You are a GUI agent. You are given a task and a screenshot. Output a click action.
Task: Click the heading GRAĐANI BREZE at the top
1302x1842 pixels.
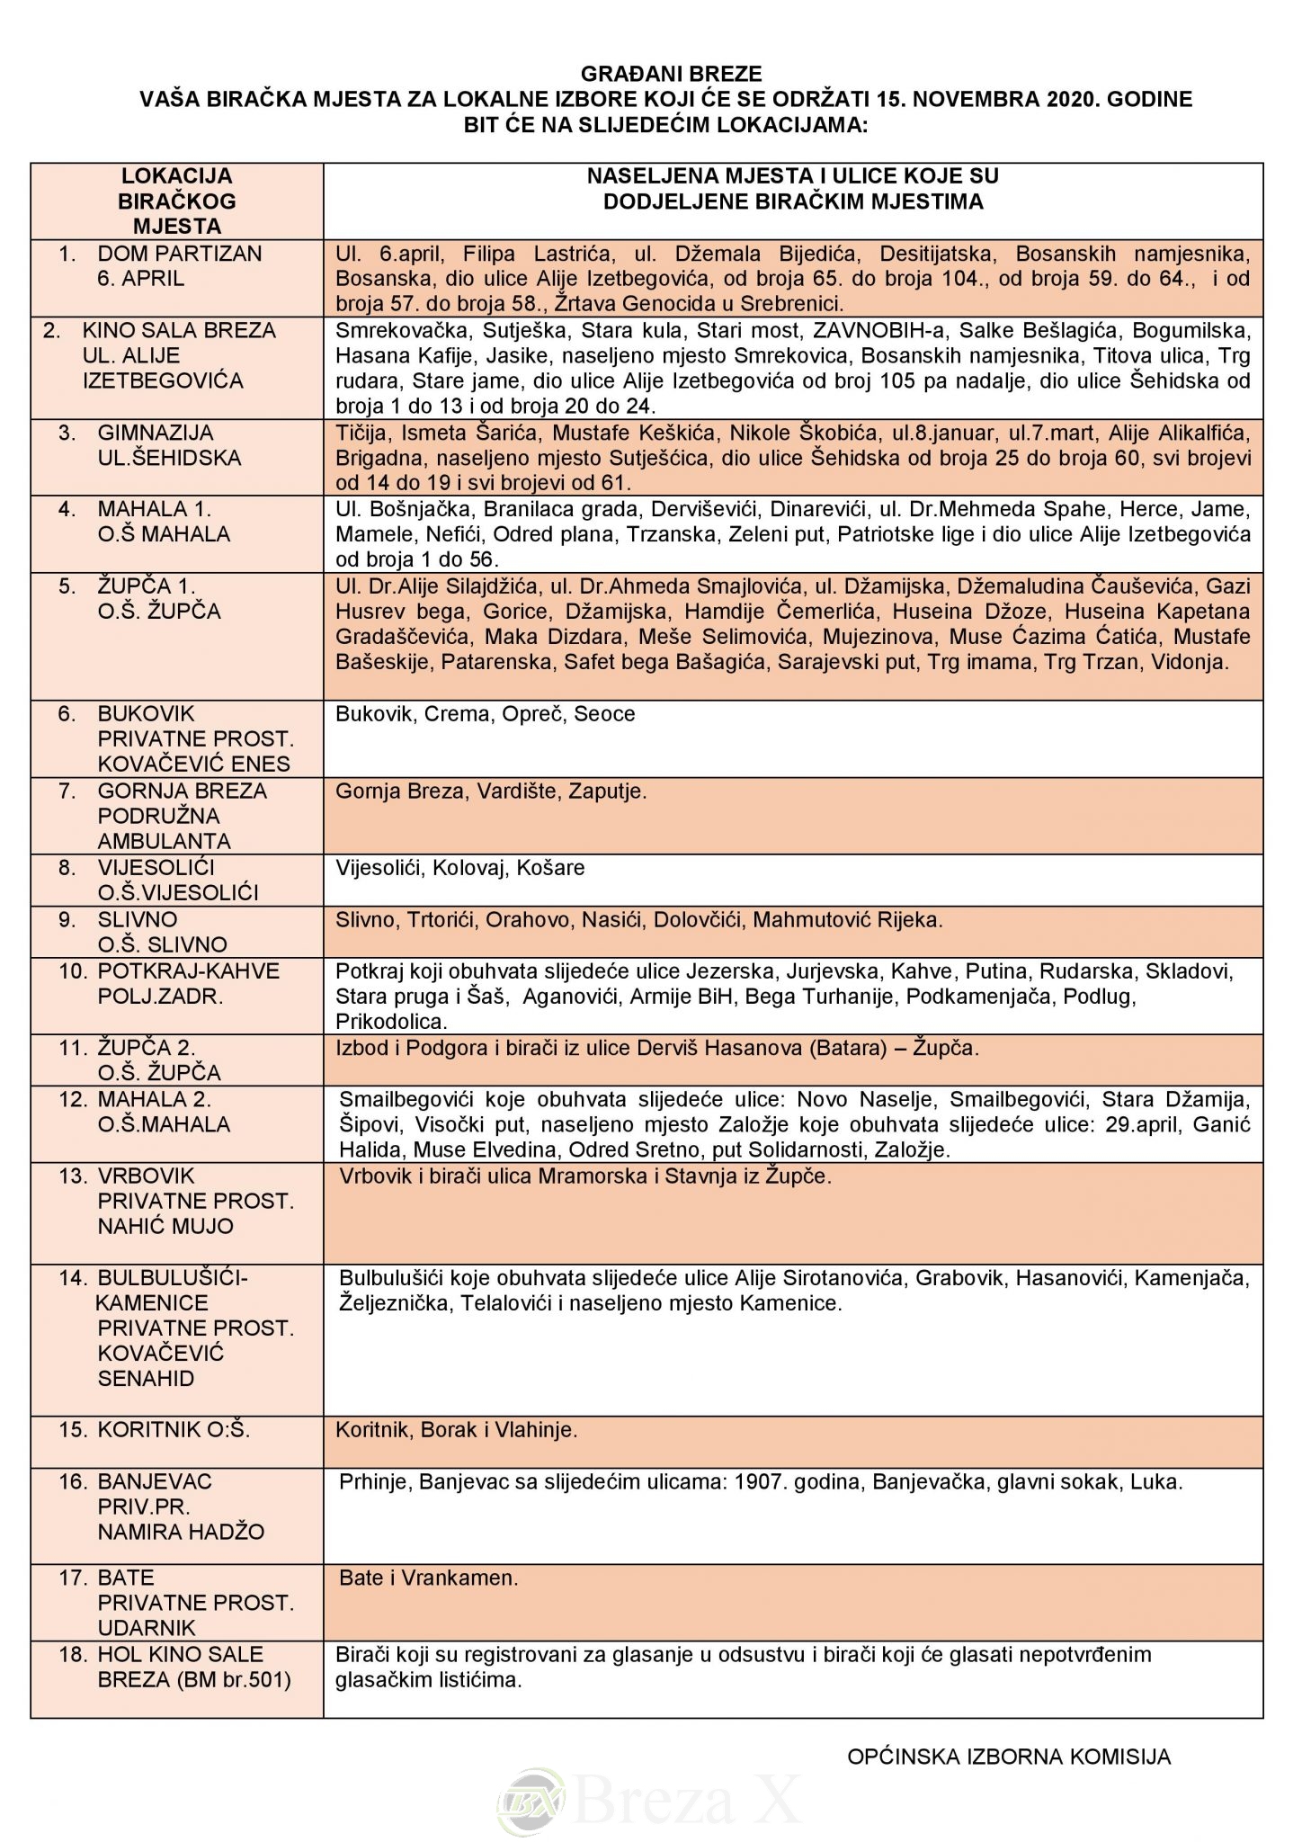(671, 74)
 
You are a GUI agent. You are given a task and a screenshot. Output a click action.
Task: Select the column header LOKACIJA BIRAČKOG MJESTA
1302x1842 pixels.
(177, 201)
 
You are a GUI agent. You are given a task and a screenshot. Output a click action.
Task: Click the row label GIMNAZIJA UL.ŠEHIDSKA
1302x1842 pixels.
(169, 445)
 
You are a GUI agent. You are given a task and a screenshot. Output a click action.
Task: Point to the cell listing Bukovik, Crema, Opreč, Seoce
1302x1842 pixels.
(486, 714)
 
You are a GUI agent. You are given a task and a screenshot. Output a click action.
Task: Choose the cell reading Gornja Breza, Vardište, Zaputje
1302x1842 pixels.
(491, 791)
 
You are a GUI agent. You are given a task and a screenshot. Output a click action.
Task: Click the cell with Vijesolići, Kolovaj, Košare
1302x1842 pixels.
(460, 868)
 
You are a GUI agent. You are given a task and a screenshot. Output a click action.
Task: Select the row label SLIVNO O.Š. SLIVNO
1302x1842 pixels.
(162, 932)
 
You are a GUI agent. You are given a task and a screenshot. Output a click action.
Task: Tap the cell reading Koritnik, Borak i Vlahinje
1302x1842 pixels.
(457, 1430)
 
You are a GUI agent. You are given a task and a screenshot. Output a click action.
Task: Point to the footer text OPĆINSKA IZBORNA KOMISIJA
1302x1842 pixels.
(1009, 1757)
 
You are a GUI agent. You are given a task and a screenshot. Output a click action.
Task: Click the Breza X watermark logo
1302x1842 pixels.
(651, 1801)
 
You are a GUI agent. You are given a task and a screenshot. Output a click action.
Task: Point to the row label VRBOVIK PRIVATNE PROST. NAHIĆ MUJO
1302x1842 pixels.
(195, 1201)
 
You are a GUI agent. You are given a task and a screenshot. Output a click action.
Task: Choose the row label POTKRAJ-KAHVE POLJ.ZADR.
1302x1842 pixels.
(188, 984)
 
